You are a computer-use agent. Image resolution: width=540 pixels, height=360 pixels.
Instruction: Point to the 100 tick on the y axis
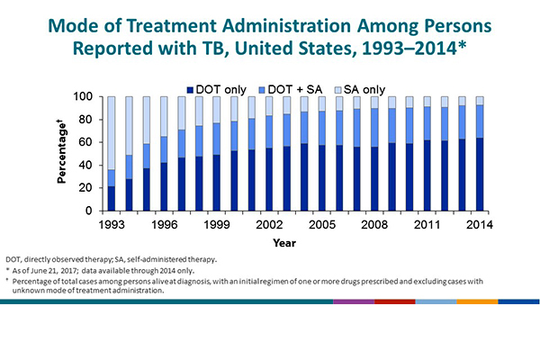coord(85,96)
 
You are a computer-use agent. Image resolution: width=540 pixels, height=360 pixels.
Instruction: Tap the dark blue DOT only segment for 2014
coord(479,174)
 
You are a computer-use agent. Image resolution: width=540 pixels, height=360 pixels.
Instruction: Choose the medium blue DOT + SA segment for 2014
coord(479,121)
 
